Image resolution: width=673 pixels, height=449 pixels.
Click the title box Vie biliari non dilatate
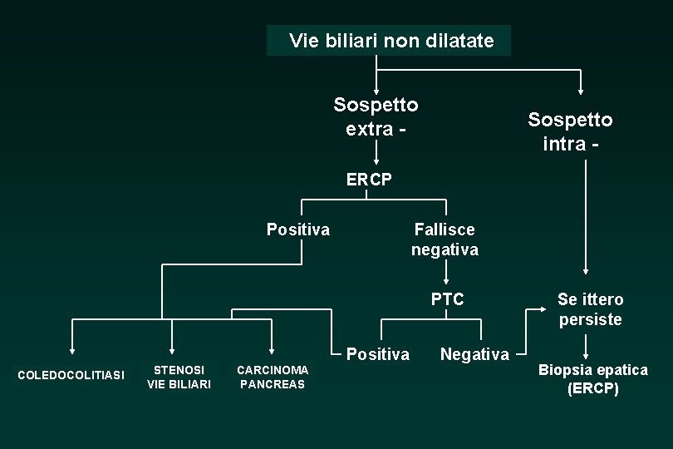pos(389,40)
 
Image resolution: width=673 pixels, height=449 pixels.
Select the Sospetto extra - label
pos(376,116)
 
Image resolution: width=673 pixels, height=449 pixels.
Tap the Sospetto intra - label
pos(570,131)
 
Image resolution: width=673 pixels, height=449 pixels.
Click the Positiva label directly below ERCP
pos(297,229)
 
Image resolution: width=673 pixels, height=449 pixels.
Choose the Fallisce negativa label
pos(445,239)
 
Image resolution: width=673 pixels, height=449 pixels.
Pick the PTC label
pos(447,299)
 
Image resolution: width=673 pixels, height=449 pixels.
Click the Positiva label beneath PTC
pos(378,354)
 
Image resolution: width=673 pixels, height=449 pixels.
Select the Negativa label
pos(474,355)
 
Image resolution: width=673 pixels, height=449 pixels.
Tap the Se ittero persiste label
pos(590,309)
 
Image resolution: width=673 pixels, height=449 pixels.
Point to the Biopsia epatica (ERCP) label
pos(593,378)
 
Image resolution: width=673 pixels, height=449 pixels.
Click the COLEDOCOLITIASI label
pos(71,375)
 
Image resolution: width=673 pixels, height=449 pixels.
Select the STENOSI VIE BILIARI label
pos(179,377)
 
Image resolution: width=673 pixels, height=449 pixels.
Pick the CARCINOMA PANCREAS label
pos(272,377)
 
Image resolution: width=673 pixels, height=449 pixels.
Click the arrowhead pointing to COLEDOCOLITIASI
pos(71,350)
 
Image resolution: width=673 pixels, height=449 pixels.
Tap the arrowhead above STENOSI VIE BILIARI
pos(171,350)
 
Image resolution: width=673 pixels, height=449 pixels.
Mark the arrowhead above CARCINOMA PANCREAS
pos(272,350)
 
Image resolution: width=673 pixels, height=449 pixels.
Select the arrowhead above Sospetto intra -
pos(582,90)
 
